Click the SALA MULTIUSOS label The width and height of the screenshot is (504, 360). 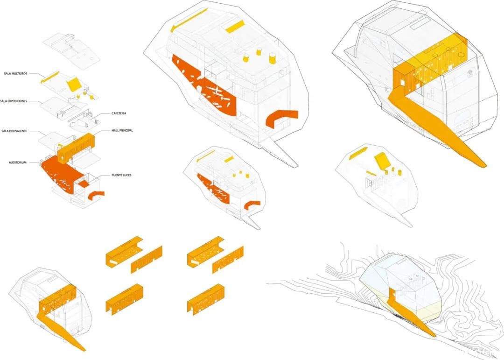[15, 74]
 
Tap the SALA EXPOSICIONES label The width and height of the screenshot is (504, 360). [14, 101]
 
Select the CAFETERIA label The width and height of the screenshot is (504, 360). [119, 113]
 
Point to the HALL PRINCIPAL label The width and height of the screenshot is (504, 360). [122, 131]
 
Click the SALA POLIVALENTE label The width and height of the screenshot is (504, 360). [14, 131]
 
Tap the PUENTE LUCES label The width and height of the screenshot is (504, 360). [121, 176]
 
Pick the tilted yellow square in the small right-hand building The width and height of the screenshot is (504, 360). [382, 161]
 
